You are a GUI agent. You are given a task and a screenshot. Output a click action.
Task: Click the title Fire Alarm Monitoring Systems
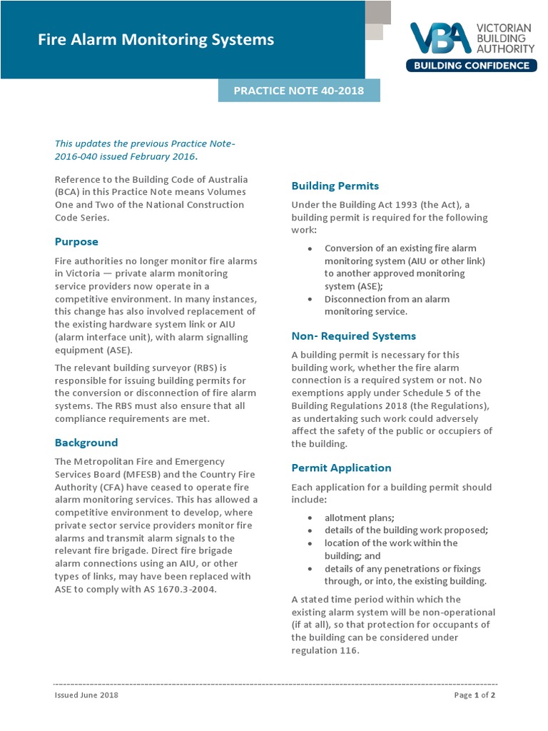click(156, 40)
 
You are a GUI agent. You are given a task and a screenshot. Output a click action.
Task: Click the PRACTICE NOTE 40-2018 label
click(299, 91)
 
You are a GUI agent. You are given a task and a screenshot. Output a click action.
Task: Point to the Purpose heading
click(76, 241)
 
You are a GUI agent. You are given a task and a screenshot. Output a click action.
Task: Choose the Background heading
click(86, 442)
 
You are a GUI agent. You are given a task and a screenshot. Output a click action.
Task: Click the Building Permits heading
click(335, 186)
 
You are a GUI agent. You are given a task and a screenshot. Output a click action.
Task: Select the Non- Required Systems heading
click(353, 336)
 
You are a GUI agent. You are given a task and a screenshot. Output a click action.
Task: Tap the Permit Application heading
click(341, 468)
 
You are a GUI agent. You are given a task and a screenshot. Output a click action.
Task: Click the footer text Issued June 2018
click(86, 695)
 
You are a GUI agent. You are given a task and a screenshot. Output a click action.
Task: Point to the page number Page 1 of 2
click(475, 695)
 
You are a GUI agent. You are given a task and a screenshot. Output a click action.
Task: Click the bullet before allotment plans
click(309, 518)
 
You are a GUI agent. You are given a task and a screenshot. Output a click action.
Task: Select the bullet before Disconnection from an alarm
click(309, 299)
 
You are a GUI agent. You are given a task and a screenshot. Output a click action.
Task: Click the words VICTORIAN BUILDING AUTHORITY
click(504, 38)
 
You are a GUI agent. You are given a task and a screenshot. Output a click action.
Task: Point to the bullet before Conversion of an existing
click(309, 248)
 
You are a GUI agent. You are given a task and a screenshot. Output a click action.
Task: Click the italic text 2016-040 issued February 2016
click(126, 156)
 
